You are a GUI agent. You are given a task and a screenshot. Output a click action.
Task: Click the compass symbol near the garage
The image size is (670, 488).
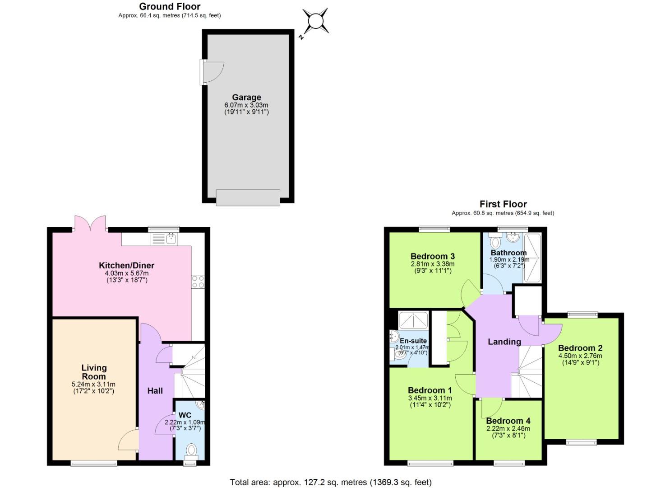click(315, 21)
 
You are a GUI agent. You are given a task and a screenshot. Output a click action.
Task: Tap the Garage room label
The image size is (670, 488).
click(246, 97)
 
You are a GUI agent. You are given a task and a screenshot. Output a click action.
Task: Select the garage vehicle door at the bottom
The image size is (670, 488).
click(248, 197)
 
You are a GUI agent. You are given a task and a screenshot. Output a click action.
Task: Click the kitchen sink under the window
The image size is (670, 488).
click(171, 239)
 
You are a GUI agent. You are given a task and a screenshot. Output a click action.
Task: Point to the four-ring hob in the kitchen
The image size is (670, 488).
click(198, 282)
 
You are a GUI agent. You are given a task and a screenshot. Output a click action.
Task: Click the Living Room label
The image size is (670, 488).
click(94, 372)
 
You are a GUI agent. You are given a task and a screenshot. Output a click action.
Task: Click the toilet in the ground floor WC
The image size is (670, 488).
click(191, 450)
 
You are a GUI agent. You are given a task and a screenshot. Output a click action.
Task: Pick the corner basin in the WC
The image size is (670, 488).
click(200, 404)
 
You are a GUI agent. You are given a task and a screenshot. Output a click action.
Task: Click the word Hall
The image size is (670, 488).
click(155, 390)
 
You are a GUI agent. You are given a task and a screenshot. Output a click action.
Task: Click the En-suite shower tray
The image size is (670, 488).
click(413, 321)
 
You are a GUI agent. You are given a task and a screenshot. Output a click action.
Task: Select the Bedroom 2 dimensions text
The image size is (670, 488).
click(580, 359)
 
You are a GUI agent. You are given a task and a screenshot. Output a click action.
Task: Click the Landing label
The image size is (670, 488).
click(504, 342)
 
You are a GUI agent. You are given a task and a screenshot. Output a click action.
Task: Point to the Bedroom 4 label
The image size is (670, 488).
click(508, 421)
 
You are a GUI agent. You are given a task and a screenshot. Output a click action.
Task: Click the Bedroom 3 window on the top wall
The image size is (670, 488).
click(434, 229)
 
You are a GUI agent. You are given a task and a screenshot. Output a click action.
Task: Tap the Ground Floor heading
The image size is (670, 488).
click(170, 6)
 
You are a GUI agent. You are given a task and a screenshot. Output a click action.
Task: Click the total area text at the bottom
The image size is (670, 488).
click(330, 482)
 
